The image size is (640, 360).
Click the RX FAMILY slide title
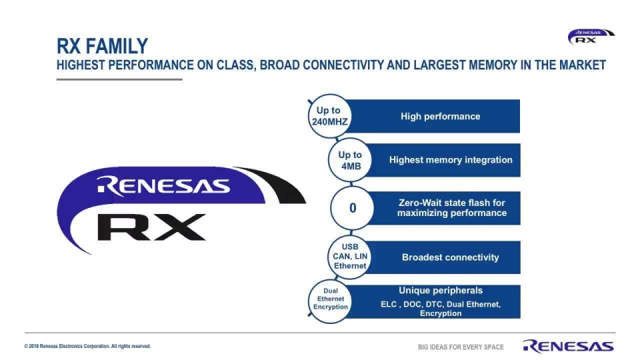(102, 46)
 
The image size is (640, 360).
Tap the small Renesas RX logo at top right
(590, 37)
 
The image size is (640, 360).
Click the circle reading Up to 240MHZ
(329, 116)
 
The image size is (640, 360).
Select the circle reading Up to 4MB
(350, 160)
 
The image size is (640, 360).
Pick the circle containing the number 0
(353, 208)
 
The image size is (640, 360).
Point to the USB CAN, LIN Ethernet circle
(350, 256)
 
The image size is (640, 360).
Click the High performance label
(440, 116)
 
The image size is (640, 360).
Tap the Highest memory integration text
(451, 160)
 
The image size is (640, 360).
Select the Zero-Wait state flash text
(452, 207)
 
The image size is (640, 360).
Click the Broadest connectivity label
(450, 257)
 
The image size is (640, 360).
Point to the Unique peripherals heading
(441, 291)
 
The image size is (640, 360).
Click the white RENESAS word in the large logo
(163, 186)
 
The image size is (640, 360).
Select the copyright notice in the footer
(87, 346)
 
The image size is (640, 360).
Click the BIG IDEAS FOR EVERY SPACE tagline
(461, 347)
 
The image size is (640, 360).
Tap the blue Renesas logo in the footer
(569, 346)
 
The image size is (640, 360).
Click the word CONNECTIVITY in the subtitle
(343, 65)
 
